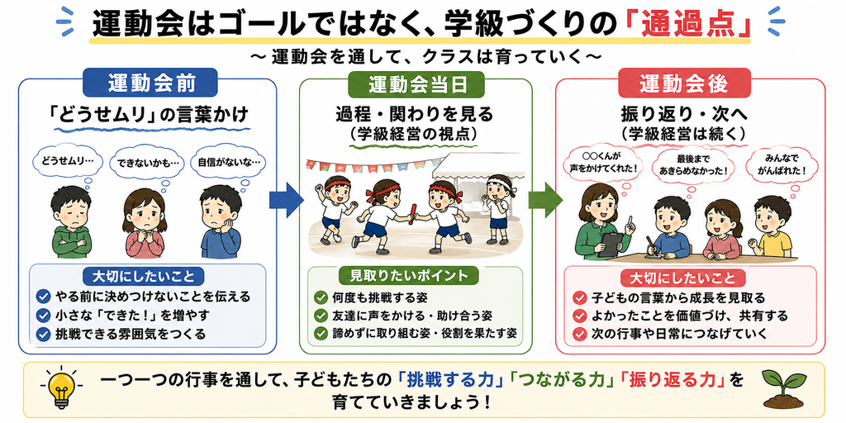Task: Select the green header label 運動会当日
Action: coord(416,83)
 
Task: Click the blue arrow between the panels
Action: coord(286,200)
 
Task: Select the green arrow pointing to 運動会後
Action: coord(545,200)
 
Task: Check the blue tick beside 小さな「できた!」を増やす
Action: coord(42,315)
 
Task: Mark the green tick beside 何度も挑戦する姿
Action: coord(321,297)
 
